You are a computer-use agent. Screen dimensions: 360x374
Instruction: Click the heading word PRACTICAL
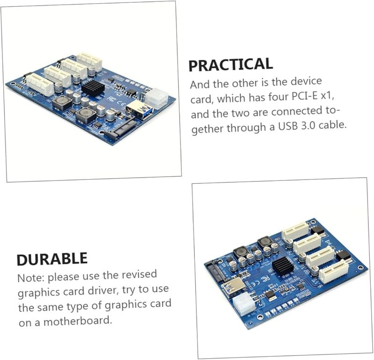(x=230, y=65)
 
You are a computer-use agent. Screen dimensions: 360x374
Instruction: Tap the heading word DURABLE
(x=52, y=259)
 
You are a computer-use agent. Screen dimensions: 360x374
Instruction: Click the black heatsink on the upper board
(x=93, y=87)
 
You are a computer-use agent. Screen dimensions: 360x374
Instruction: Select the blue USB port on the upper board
(x=135, y=109)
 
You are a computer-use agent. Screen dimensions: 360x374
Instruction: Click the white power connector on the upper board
(x=156, y=98)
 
